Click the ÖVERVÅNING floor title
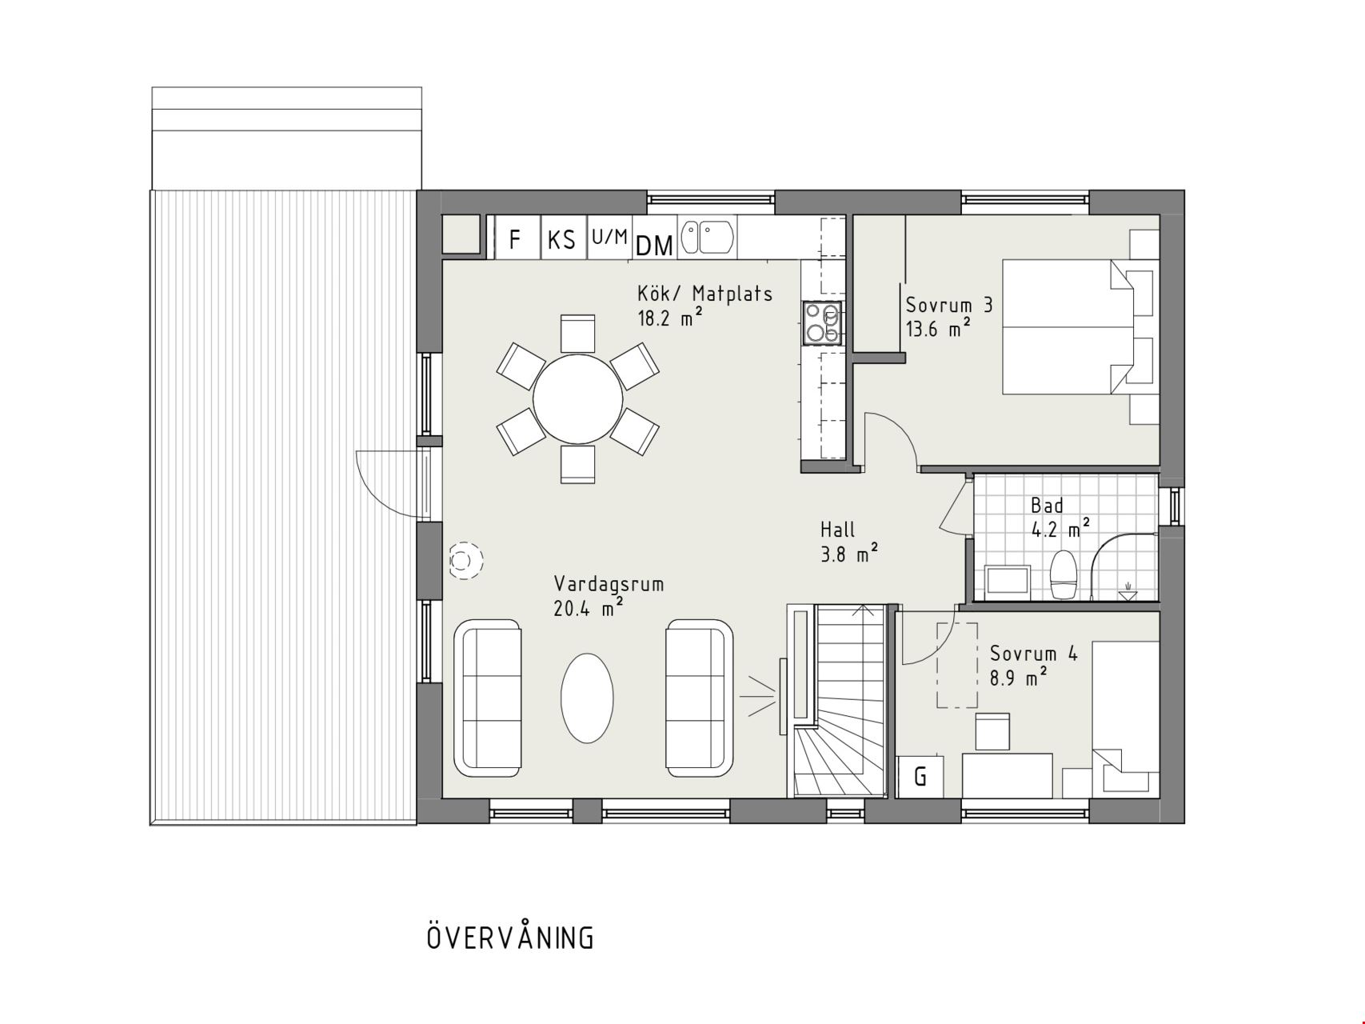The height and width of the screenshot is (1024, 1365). click(x=511, y=937)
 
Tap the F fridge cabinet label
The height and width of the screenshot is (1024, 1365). click(x=515, y=239)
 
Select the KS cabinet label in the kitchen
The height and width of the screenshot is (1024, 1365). click(x=561, y=239)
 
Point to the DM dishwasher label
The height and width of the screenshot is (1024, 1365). click(x=654, y=246)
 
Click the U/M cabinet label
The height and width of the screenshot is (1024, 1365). click(x=609, y=236)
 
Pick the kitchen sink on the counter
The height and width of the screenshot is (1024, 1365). click(x=708, y=238)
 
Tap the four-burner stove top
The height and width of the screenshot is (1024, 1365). click(x=823, y=323)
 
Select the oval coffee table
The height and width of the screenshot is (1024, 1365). click(x=587, y=698)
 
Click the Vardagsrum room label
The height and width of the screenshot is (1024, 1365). click(x=609, y=583)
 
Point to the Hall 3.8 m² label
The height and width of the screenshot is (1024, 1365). click(x=849, y=541)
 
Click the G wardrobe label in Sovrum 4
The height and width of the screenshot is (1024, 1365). click(x=920, y=776)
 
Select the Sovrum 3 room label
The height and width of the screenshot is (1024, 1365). click(x=949, y=305)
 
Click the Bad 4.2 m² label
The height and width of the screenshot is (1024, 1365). click(x=1060, y=517)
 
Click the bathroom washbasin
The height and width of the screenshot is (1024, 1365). click(x=1008, y=581)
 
